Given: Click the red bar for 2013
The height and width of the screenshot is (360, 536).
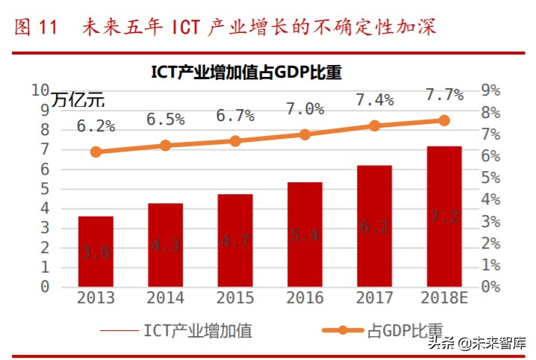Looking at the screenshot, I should pos(96,252).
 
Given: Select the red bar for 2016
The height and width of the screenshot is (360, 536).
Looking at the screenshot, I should pos(305,235).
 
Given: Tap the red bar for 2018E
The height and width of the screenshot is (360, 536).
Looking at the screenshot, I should pos(444,217).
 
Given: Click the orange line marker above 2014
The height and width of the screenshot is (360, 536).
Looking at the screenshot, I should pos(165,146).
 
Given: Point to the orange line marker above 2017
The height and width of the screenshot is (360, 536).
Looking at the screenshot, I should pos(375,126).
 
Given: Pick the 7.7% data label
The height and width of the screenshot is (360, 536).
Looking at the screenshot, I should pos(444,95).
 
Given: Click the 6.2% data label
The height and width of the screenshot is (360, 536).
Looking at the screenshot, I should pos(96,126).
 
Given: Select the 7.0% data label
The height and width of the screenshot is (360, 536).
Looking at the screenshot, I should pos(305,109).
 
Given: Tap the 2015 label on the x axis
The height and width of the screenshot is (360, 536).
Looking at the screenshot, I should pos(235,298).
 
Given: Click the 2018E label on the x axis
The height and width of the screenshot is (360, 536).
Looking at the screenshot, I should pos(444,298).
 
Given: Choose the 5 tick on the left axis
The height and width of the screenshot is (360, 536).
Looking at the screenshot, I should pos(44,189).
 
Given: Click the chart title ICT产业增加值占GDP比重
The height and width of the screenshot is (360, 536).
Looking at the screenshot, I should pos(246,72).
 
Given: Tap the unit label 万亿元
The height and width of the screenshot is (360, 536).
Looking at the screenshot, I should pos(78,99).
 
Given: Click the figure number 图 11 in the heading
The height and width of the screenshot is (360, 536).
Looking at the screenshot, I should pos(36,28).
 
